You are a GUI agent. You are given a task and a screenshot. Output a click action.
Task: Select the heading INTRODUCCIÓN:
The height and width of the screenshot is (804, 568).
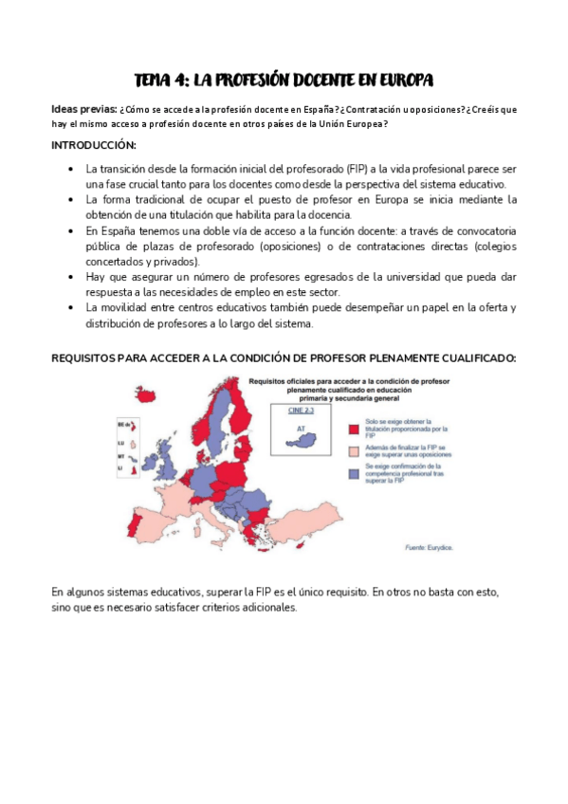[94, 145]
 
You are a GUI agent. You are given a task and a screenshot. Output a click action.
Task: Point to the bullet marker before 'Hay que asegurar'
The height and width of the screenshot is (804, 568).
[72, 276]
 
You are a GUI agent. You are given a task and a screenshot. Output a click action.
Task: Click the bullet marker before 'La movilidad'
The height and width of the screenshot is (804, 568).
[72, 307]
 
